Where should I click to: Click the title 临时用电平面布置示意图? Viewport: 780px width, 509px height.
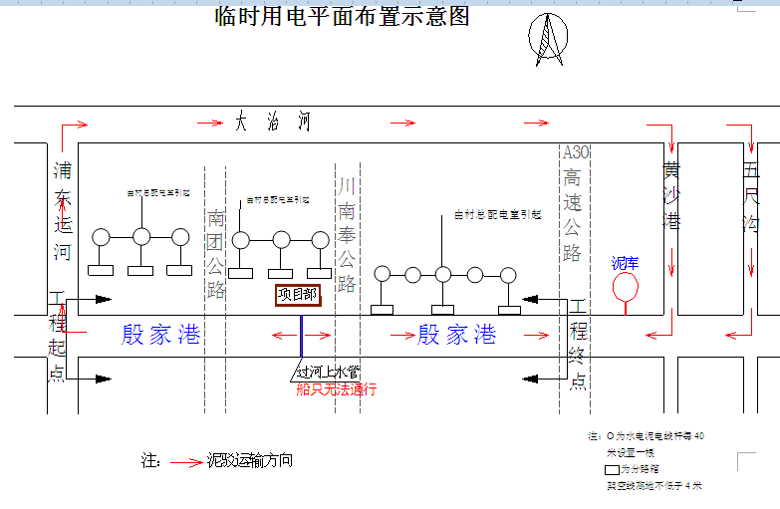pos(342,17)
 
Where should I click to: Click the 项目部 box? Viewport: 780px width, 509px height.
pos(297,294)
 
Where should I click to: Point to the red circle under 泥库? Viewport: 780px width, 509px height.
pos(626,286)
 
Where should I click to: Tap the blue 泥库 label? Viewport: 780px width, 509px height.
pos(626,263)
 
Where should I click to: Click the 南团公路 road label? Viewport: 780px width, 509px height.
pos(216,254)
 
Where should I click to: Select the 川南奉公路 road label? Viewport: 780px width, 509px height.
pos(347,234)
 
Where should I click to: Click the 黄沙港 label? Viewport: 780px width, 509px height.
pos(672,195)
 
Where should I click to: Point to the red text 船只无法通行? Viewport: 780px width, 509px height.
pos(336,389)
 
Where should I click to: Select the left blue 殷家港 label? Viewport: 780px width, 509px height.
pos(160,335)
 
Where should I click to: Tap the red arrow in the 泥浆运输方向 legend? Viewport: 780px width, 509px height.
pos(185,462)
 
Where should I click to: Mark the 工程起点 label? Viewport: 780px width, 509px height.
pos(57,339)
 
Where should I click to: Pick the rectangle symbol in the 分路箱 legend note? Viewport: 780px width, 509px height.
pos(612,468)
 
